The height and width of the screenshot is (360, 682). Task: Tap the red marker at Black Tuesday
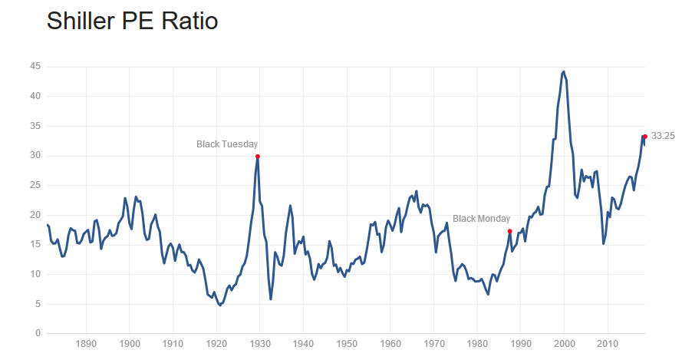(258, 157)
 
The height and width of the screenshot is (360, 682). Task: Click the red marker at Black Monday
(510, 231)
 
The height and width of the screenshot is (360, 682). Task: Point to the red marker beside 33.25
(645, 137)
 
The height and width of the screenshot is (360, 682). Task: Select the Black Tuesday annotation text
(227, 144)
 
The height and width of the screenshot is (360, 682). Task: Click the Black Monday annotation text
(482, 219)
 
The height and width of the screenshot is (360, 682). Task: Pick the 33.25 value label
(663, 136)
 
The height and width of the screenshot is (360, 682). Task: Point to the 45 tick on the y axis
(35, 67)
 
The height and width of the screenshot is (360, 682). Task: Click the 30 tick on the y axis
(35, 156)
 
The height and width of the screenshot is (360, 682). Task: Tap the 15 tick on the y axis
(35, 244)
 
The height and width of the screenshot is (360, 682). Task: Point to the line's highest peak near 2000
(564, 71)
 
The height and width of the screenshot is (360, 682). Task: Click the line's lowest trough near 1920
(220, 306)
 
